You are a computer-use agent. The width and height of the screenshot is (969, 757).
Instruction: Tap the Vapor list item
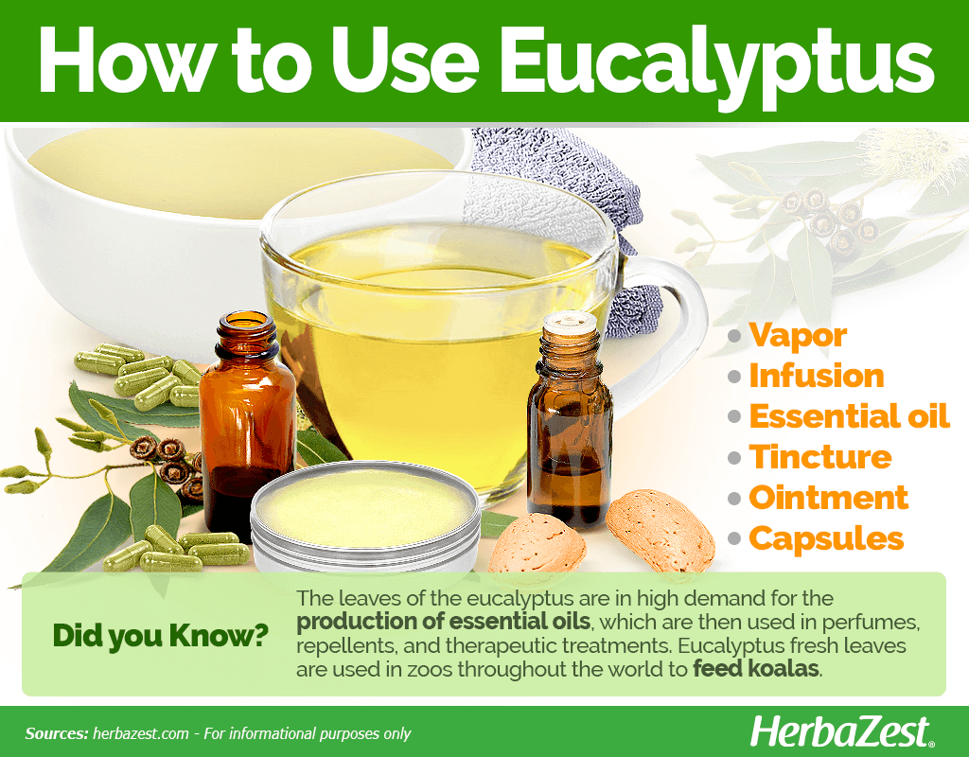pyautogui.click(x=798, y=336)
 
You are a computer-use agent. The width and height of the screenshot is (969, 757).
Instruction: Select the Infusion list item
pyautogui.click(x=817, y=376)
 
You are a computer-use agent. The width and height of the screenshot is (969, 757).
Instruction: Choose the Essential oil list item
pyautogui.click(x=849, y=416)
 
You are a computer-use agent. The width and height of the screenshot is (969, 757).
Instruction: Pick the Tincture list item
pyautogui.click(x=820, y=457)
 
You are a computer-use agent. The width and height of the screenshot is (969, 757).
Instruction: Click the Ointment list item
pyautogui.click(x=828, y=498)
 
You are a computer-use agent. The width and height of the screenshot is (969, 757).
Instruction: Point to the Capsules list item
pyautogui.click(x=826, y=538)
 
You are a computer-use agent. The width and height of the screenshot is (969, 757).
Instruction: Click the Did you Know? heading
pyautogui.click(x=161, y=636)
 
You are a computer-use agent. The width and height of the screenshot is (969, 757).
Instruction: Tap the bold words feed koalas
pyautogui.click(x=756, y=669)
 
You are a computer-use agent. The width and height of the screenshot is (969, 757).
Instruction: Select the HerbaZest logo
pyautogui.click(x=841, y=732)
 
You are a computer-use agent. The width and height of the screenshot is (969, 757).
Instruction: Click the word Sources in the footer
pyautogui.click(x=57, y=733)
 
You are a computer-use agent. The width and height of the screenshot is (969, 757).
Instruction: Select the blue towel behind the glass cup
pyautogui.click(x=569, y=217)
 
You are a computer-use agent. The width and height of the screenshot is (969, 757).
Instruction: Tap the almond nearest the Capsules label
pyautogui.click(x=660, y=531)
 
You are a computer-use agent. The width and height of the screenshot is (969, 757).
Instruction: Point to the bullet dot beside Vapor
pyautogui.click(x=734, y=336)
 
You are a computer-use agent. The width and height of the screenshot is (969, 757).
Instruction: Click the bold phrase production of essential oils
pyautogui.click(x=443, y=622)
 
